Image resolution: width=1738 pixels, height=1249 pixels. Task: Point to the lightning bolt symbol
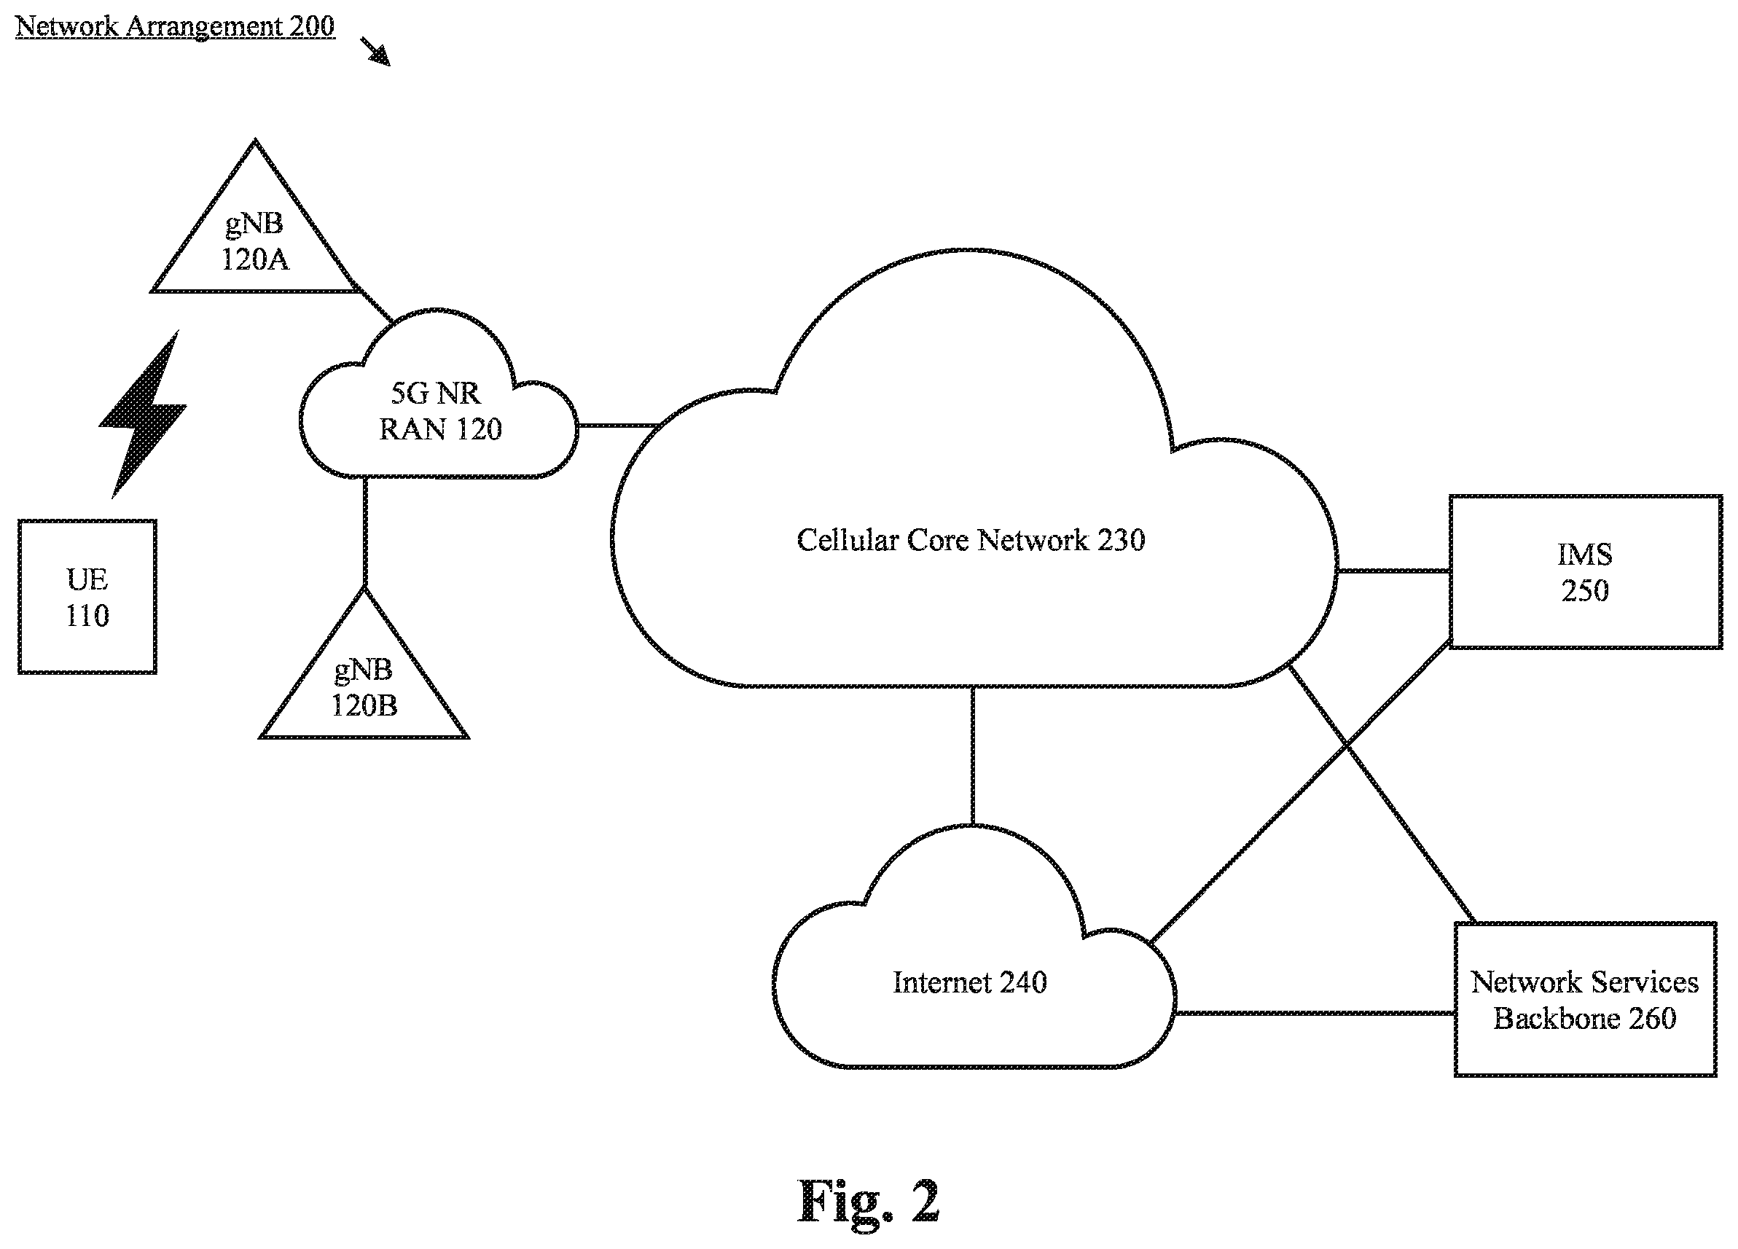[144, 414]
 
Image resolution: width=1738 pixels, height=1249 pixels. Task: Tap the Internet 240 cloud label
[969, 982]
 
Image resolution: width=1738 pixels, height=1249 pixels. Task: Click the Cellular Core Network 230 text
[971, 540]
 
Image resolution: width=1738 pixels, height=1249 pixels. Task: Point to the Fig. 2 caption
[868, 1201]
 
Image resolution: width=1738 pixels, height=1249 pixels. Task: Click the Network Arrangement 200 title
[175, 26]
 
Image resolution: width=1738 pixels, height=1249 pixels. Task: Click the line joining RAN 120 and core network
[619, 426]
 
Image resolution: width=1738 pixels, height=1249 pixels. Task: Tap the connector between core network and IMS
[1393, 571]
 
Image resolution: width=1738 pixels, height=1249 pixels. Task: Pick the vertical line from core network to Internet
[974, 756]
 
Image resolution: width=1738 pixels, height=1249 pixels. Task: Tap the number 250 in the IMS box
[1586, 591]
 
